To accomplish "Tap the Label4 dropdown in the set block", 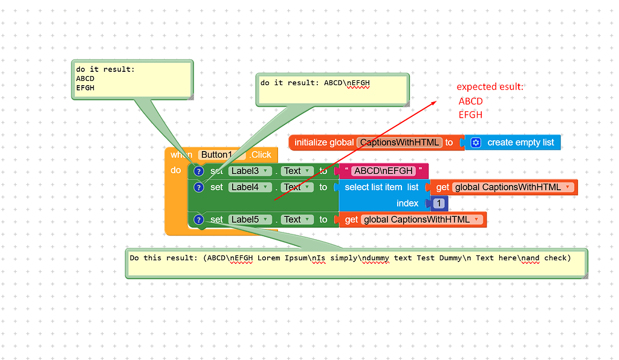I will pyautogui.click(x=248, y=187).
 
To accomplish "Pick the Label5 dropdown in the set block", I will pyautogui.click(x=248, y=219).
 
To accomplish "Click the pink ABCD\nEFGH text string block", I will pyautogui.click(x=383, y=171).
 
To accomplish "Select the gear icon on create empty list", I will pyautogui.click(x=476, y=143).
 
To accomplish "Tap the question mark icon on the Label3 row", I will pyautogui.click(x=199, y=171).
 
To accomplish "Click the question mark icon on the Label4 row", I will pyautogui.click(x=199, y=187).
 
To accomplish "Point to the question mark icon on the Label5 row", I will pyautogui.click(x=199, y=219).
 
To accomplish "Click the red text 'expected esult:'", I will pyautogui.click(x=490, y=87).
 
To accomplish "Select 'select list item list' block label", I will pyautogui.click(x=381, y=187).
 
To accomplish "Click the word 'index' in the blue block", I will pyautogui.click(x=407, y=204).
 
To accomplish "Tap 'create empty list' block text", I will pyautogui.click(x=520, y=143).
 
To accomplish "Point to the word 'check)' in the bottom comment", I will pyautogui.click(x=557, y=258).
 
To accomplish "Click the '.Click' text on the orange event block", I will pyautogui.click(x=261, y=155).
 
